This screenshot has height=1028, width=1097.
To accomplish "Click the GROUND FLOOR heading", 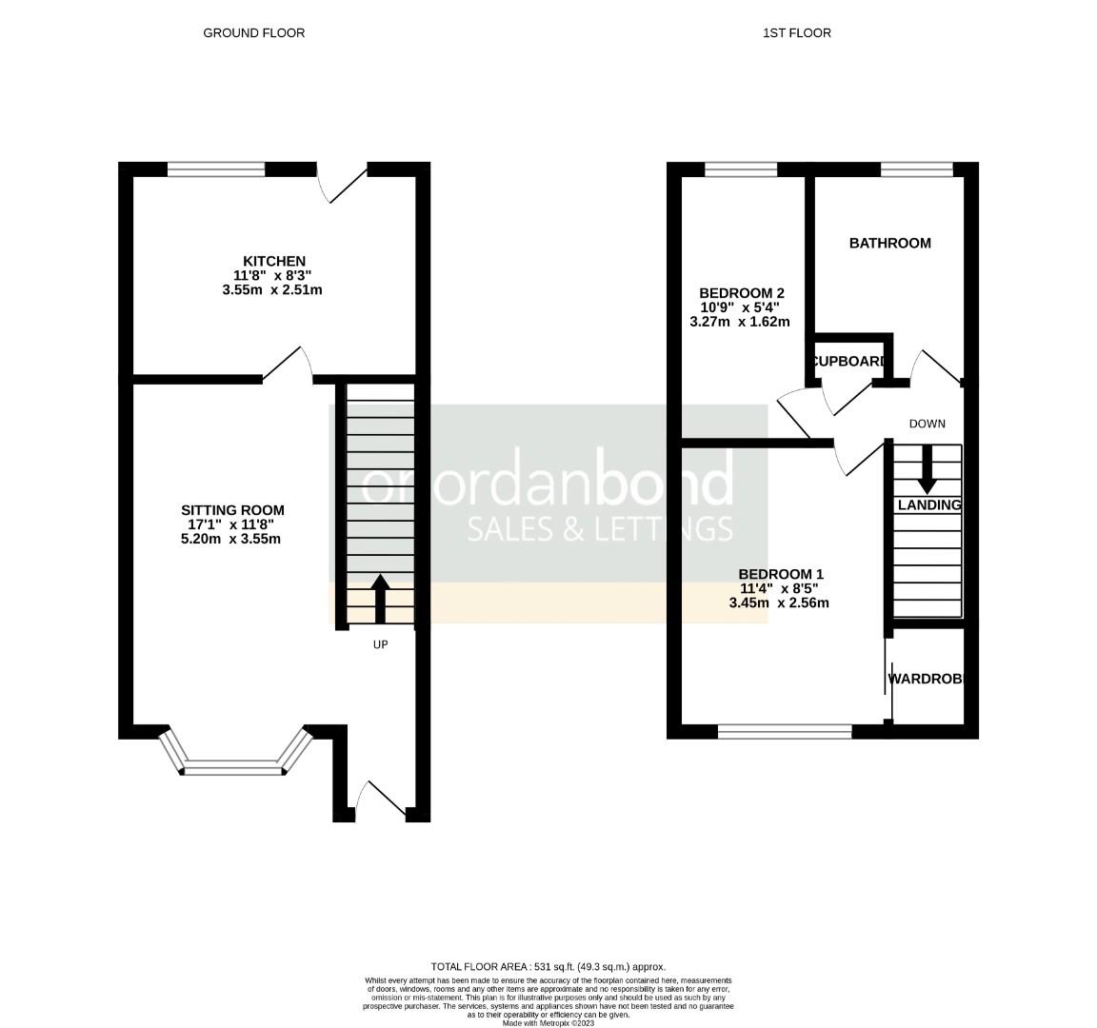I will (254, 33).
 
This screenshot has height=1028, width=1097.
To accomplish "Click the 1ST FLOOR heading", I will (797, 33).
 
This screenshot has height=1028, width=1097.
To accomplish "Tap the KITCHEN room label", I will (274, 261).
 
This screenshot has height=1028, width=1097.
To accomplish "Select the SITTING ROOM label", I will (232, 510).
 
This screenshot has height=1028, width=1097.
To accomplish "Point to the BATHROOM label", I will (889, 244).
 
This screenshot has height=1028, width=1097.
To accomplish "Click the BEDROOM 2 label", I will (741, 293).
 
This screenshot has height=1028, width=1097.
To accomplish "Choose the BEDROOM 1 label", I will (781, 574).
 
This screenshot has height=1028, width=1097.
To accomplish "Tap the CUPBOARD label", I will (849, 362).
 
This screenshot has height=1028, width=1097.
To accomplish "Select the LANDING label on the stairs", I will (928, 505).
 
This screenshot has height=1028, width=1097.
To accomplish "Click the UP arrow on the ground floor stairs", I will (380, 598).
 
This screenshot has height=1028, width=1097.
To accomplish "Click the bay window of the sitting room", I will (234, 766).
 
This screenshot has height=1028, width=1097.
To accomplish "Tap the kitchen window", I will (216, 170).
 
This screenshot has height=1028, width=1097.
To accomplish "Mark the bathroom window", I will (916, 170).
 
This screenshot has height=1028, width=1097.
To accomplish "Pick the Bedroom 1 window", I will (785, 731).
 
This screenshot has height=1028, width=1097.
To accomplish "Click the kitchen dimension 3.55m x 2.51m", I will (272, 289).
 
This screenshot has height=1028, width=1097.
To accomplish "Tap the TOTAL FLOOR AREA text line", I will (548, 966).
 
